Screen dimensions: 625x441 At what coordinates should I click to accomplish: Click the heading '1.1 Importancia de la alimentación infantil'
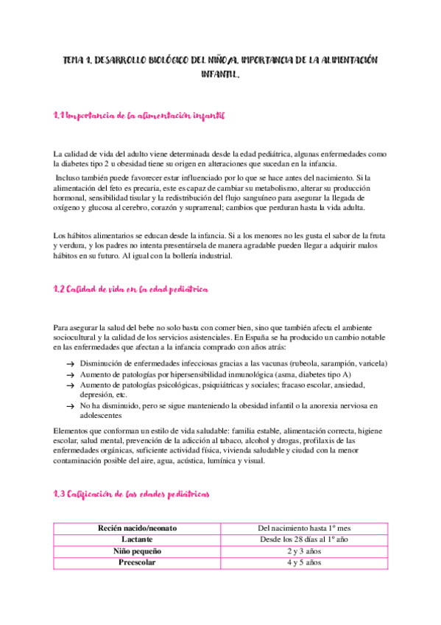click(x=140, y=116)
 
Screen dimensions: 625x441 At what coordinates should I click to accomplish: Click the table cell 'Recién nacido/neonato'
click(x=138, y=528)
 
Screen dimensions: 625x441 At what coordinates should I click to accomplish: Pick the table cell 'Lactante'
click(x=138, y=540)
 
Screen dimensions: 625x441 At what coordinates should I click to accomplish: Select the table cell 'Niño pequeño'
click(x=138, y=551)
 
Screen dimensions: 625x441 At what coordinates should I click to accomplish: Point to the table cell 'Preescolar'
click(x=138, y=562)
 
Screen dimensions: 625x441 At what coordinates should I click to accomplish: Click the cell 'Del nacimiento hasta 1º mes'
click(x=305, y=528)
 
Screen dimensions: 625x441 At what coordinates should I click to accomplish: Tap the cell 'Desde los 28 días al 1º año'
click(x=305, y=540)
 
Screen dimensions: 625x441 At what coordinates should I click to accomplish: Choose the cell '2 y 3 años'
click(x=305, y=551)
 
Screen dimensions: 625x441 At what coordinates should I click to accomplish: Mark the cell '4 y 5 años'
click(x=305, y=562)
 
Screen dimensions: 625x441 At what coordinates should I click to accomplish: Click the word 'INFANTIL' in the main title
click(x=220, y=74)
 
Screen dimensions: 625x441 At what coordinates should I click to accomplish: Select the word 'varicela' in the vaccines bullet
click(x=373, y=364)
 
